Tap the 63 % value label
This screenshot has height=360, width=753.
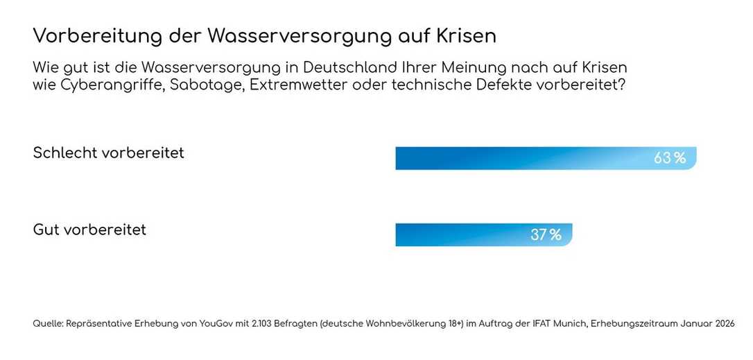[x=670, y=158]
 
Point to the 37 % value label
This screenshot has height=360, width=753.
[x=546, y=234]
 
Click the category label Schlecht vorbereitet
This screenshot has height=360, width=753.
[x=109, y=153]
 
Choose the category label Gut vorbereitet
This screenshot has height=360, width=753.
[x=89, y=230]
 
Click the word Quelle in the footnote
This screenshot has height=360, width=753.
[x=47, y=324]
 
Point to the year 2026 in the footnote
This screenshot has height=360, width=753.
[x=722, y=324]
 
